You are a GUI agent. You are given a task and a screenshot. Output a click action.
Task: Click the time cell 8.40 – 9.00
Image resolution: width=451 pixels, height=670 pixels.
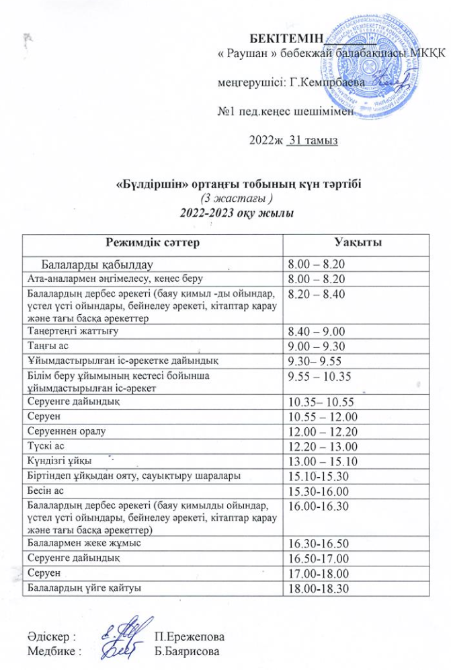pos(315,332)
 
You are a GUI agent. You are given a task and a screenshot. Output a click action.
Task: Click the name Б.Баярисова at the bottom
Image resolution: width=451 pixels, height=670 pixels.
pos(188,650)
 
